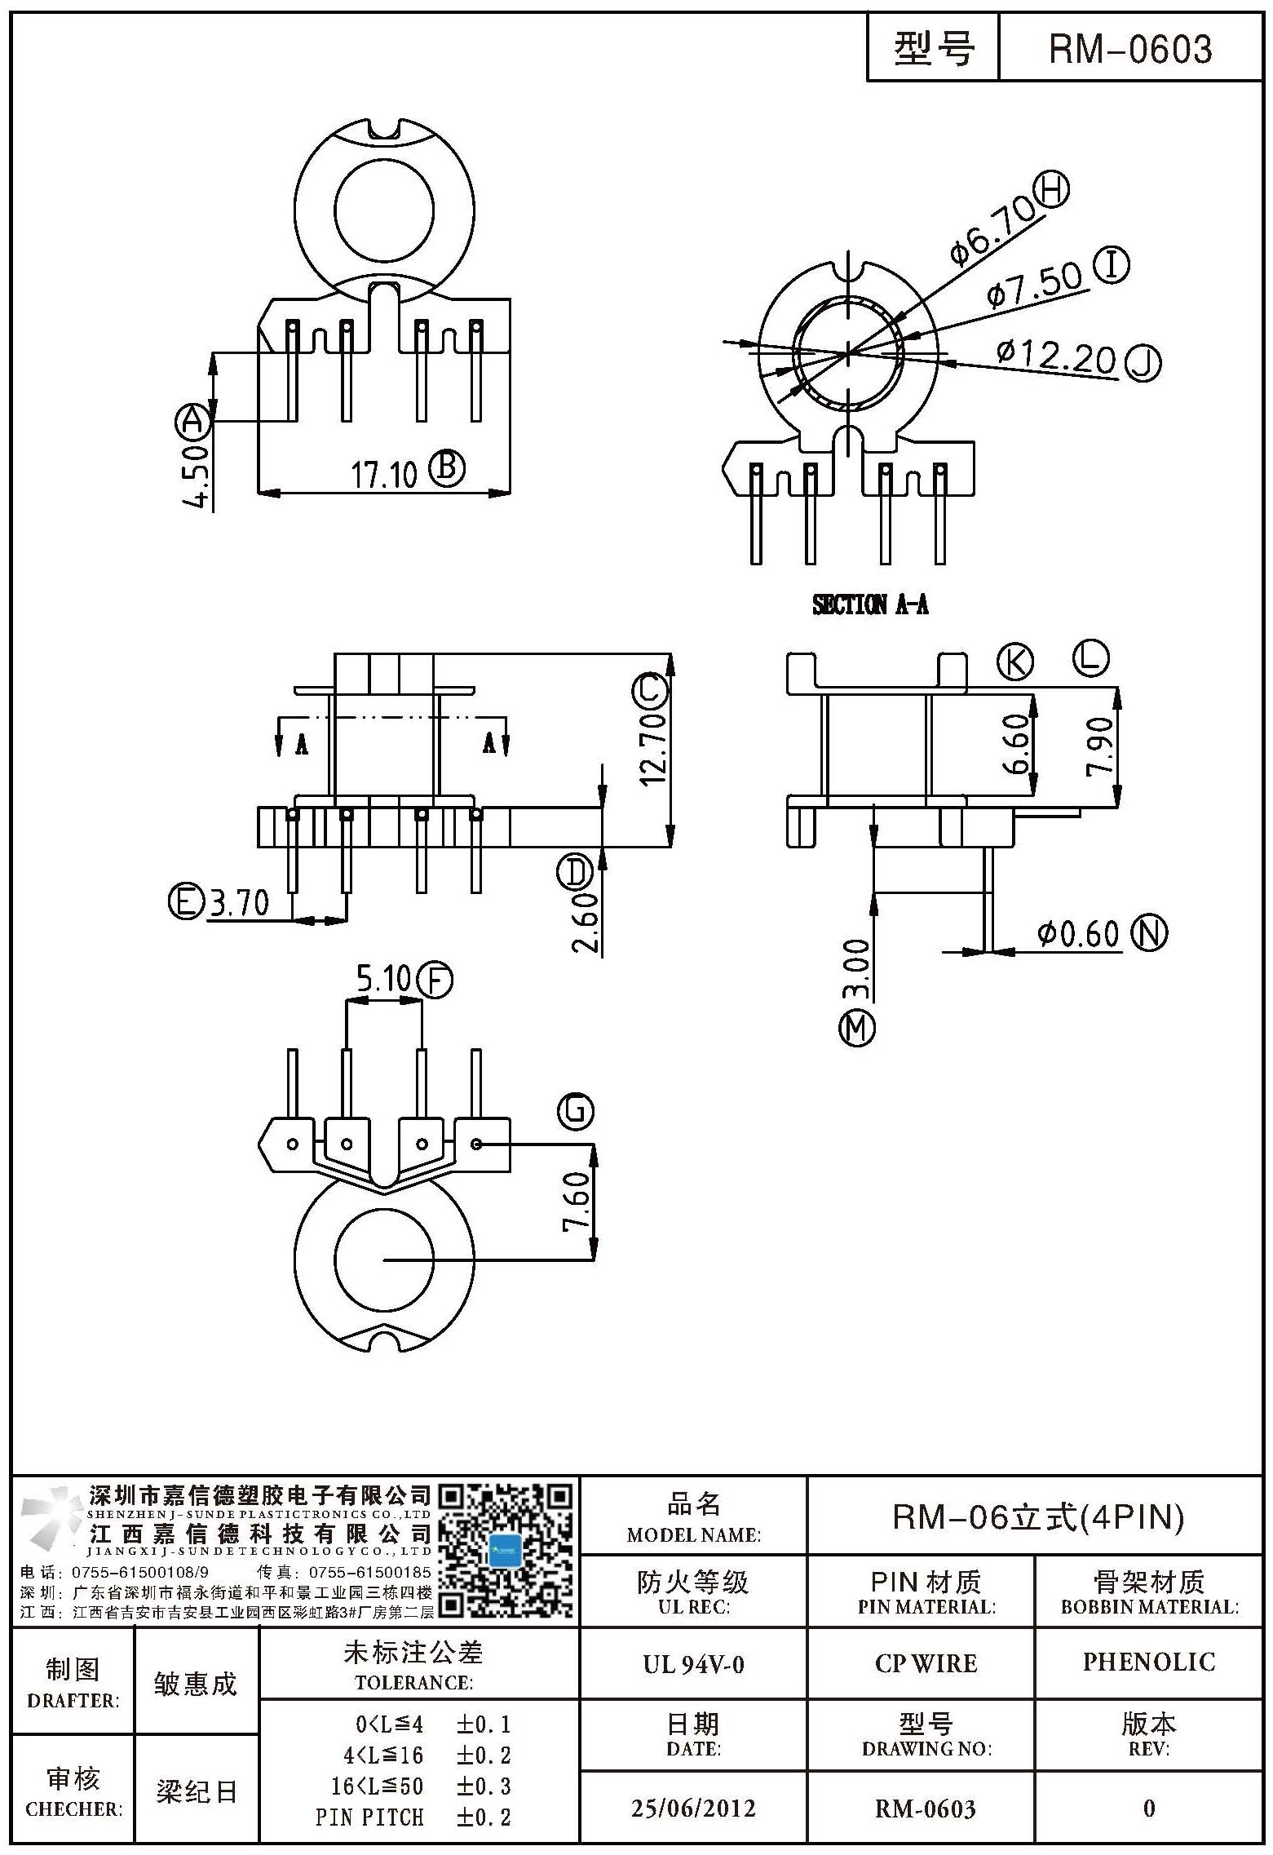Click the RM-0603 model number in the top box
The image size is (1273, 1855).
coord(1129,50)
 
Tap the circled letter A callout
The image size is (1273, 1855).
coord(193,421)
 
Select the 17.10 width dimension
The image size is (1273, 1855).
coord(383,474)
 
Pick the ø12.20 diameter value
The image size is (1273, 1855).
coord(1056,356)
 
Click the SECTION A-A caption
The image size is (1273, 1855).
coord(870,604)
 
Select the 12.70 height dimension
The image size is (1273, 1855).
coord(652,748)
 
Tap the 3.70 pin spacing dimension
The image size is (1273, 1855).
coord(240,903)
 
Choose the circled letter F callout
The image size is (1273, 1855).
coord(435,980)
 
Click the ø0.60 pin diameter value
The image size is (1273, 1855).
coord(1078,934)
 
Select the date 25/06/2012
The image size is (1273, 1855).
coord(693,1809)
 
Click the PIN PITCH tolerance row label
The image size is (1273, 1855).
coord(369,1817)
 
